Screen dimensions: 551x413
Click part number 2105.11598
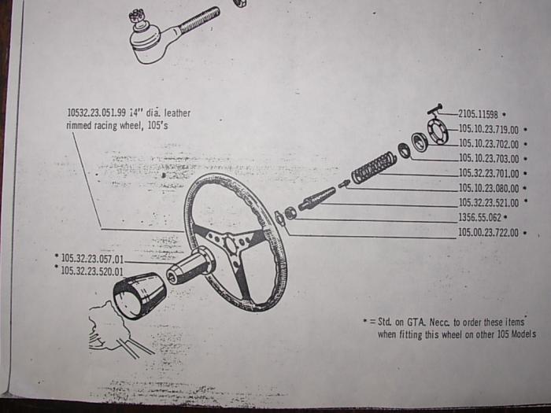[x=479, y=115]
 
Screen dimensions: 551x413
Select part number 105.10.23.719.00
[x=489, y=130]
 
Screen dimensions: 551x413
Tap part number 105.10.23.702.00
[x=489, y=144]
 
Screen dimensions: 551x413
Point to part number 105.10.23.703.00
[x=489, y=159]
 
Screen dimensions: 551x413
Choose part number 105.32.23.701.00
[x=489, y=173]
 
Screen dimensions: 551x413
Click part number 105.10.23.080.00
[x=489, y=188]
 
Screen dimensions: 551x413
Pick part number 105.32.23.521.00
[x=489, y=203]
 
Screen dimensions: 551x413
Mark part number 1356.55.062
[x=479, y=217]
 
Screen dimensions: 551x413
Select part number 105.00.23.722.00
[x=489, y=233]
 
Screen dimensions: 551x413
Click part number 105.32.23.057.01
[x=92, y=259]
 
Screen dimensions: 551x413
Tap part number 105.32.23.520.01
[x=92, y=271]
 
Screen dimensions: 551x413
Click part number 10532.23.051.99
[x=97, y=112]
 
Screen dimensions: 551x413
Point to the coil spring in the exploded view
[x=374, y=167]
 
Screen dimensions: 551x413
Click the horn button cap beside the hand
[x=139, y=296]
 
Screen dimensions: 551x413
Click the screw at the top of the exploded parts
[x=435, y=109]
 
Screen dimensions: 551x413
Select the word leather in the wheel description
[x=177, y=113]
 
